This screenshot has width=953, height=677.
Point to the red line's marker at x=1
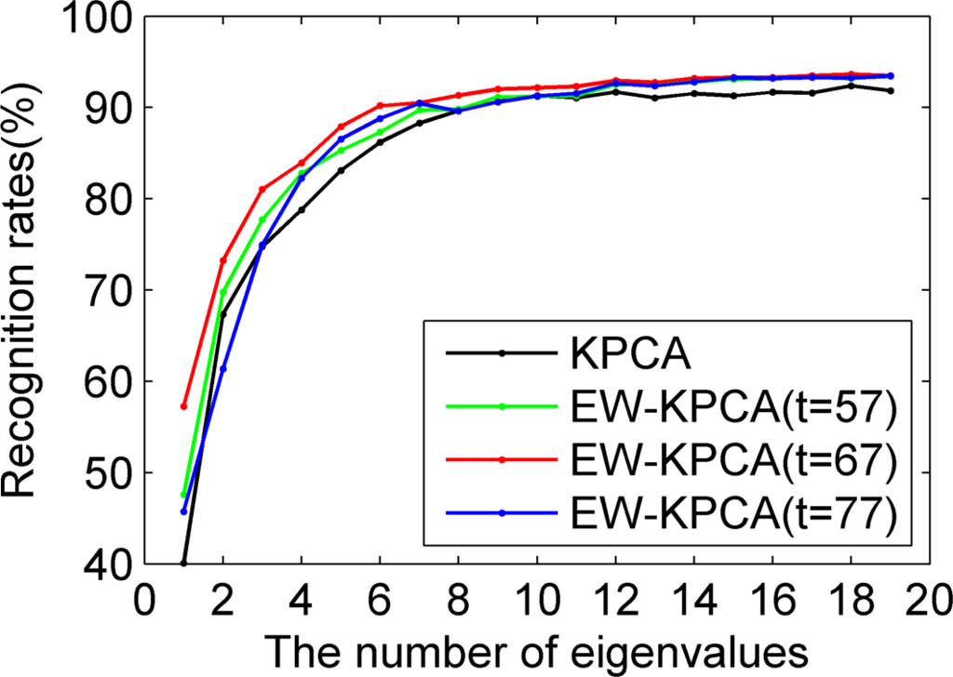(183, 406)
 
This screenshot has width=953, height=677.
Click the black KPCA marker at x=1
(183, 564)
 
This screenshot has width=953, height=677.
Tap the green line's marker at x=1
(183, 495)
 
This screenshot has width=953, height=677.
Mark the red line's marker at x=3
(262, 189)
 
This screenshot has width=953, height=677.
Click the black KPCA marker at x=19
(890, 90)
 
